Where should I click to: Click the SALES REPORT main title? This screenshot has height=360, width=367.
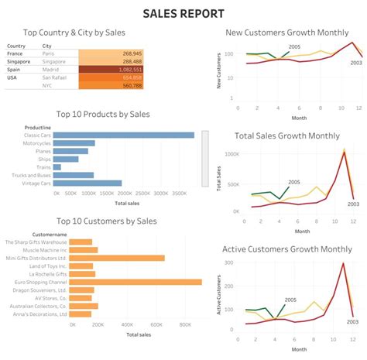(x=183, y=13)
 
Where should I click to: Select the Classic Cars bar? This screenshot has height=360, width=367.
(x=125, y=135)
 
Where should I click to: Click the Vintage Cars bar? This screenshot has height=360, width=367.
(x=88, y=183)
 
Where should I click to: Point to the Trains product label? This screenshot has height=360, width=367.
(x=44, y=167)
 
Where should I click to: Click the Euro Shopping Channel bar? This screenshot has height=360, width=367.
(x=135, y=282)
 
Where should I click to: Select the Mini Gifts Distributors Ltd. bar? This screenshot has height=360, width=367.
(x=117, y=258)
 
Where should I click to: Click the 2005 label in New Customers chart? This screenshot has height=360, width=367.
(x=294, y=46)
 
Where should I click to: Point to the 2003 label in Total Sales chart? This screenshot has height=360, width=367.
(x=355, y=204)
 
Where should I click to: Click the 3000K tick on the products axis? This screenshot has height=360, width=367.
(x=177, y=193)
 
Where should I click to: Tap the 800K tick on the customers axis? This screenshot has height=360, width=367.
(x=187, y=326)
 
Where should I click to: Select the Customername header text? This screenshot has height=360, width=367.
(x=49, y=233)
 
